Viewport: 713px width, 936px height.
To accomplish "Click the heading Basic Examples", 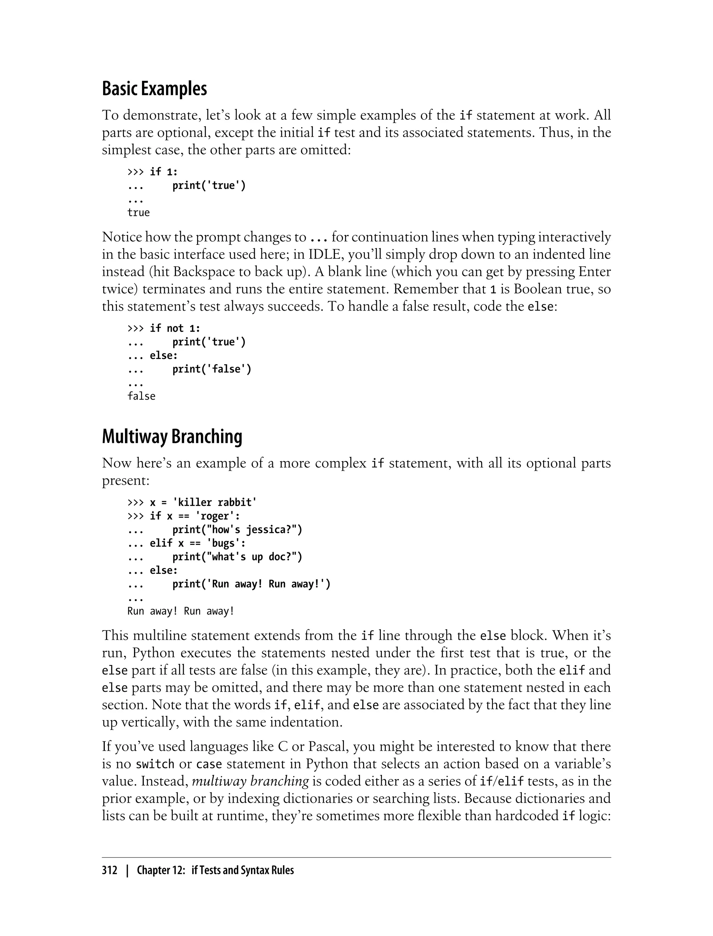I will (155, 89).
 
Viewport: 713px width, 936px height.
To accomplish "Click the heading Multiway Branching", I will (172, 436).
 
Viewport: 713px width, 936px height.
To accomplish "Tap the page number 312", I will (110, 871).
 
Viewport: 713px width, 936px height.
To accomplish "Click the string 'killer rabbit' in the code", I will (215, 502).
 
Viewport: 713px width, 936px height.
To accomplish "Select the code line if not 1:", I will (175, 328).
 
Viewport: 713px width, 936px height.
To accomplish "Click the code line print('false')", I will (212, 369).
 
